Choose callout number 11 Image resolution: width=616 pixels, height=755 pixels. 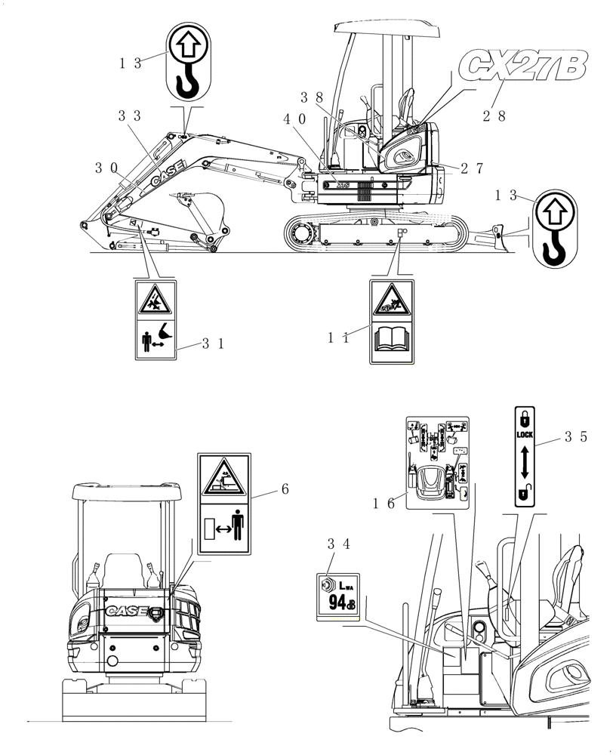click(x=338, y=339)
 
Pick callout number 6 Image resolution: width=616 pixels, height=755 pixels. click(x=285, y=489)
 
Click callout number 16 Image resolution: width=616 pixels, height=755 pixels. click(x=385, y=504)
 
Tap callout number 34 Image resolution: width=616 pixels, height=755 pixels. click(x=339, y=544)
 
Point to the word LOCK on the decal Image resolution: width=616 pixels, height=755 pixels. click(x=525, y=436)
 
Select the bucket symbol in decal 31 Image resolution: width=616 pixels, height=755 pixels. click(x=164, y=330)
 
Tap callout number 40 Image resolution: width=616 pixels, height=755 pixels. click(x=294, y=119)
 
